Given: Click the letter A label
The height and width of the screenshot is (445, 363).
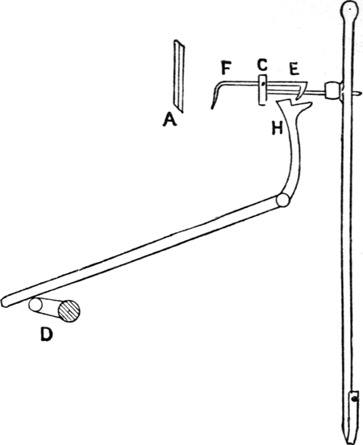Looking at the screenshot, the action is [x=169, y=119].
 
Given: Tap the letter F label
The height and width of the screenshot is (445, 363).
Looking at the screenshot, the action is [x=227, y=69].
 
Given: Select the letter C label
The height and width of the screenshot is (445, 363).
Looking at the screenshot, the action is [x=262, y=64].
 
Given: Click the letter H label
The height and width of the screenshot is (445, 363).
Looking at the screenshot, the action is [x=277, y=128].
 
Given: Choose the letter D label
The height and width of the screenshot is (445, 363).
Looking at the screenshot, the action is [x=46, y=334].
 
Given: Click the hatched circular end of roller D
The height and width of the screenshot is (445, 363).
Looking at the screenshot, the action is [x=69, y=310].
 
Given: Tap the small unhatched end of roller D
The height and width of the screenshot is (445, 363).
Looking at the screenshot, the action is [x=35, y=305].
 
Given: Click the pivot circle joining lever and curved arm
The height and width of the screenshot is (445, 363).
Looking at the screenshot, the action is [x=283, y=201].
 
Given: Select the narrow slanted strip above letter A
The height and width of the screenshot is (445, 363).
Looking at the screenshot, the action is [x=179, y=76].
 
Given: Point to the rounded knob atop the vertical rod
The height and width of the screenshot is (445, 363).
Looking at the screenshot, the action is [x=350, y=10].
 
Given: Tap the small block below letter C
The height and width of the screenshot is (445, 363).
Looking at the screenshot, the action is [x=263, y=89].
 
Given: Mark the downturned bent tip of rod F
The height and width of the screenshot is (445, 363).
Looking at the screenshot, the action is [x=213, y=102].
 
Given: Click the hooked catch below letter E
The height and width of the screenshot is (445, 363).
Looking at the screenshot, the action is [x=302, y=90].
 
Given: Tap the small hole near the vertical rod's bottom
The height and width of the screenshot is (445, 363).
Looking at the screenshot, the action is [x=353, y=399].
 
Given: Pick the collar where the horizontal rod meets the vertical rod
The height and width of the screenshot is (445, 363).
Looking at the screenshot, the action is [x=332, y=90].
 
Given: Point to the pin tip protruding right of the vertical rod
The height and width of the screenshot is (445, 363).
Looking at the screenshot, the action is [x=360, y=93].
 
